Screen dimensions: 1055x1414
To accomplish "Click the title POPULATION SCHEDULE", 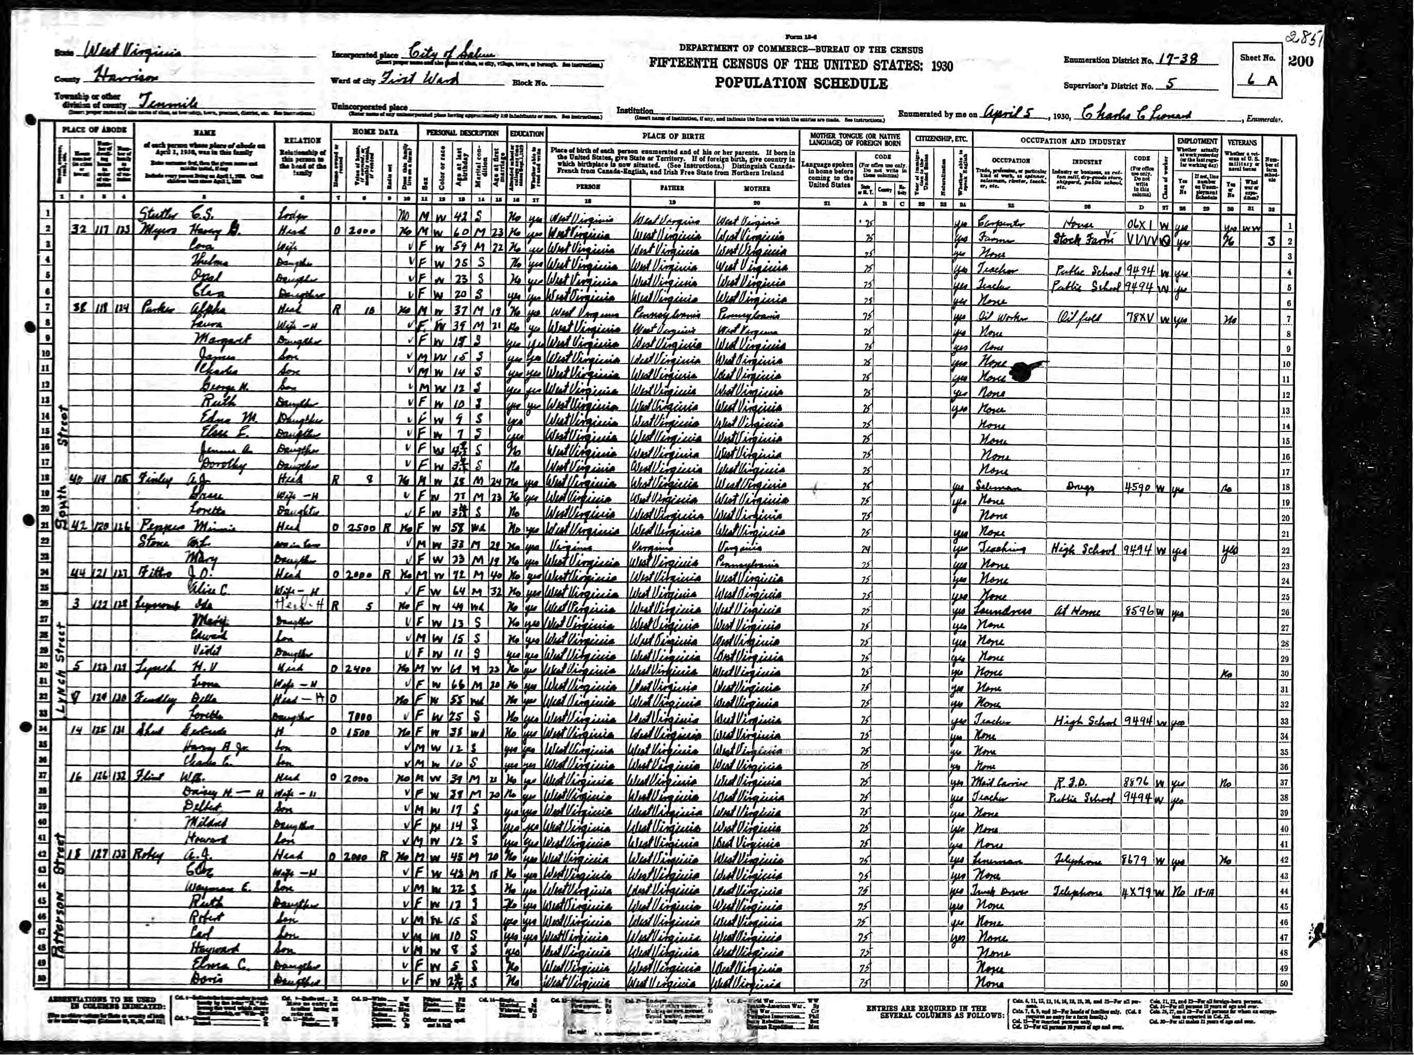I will tap(800, 83).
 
